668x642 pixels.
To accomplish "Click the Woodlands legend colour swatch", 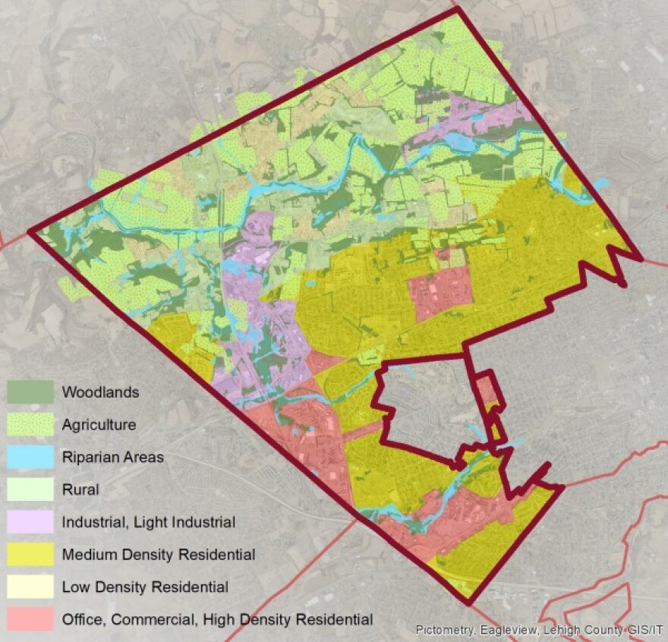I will pos(30,392).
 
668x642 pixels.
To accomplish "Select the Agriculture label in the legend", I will pos(99,425).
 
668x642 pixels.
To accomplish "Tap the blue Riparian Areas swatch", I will pos(30,457).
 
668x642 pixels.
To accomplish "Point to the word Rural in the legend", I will pos(80,489).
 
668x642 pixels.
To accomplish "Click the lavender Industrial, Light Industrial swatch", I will pos(30,522).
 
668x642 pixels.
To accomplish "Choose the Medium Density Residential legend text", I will pos(158,555).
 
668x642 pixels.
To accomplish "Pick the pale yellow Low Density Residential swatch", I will pos(30,587).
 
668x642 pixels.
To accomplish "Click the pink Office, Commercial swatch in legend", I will pos(30,619).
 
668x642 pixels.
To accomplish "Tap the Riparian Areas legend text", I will pos(112,458).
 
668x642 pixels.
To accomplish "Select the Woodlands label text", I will pos(100,392).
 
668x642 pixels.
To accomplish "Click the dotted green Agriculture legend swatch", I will pos(30,425).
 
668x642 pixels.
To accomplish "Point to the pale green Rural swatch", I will pos(30,489).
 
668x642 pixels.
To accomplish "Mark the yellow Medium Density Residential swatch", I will pos(30,555).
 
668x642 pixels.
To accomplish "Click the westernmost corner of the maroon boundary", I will pos(30,231).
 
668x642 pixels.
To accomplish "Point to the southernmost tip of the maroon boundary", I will pos(468,604).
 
